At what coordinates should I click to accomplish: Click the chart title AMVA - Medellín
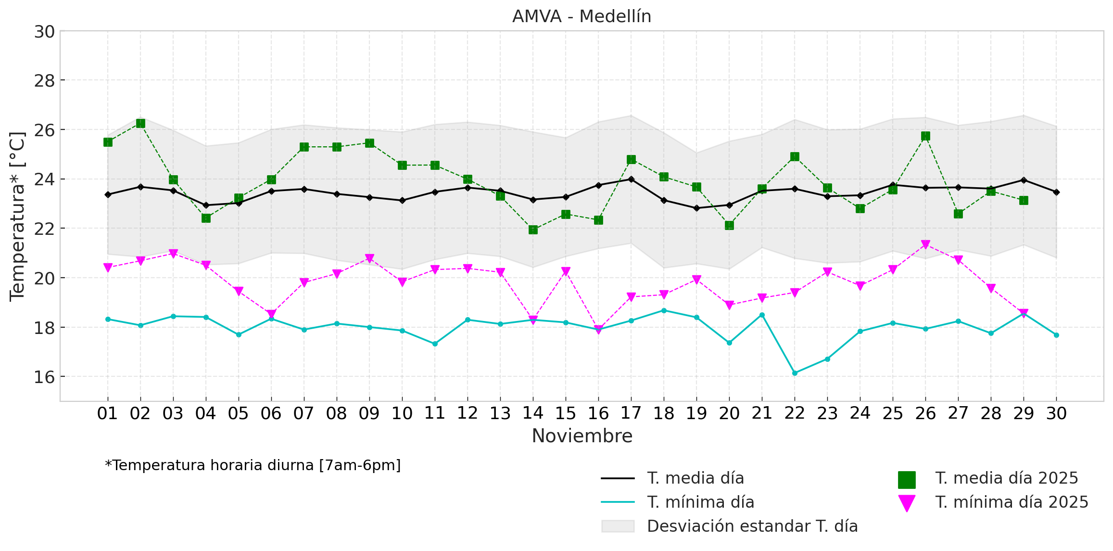(582, 16)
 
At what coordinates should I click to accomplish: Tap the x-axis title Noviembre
(582, 436)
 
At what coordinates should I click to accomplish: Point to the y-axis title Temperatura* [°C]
(17, 217)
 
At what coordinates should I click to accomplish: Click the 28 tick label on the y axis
(44, 81)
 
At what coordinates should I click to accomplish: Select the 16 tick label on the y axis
(44, 377)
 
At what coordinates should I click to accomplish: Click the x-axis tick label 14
(533, 413)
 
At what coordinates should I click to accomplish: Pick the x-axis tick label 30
(1056, 413)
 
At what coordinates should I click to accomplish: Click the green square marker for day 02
(140, 124)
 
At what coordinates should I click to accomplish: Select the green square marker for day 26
(925, 136)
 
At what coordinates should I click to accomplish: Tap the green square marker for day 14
(533, 230)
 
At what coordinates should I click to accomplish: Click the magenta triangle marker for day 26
(925, 244)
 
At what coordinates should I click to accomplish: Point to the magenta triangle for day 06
(271, 314)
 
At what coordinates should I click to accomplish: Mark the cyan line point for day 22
(795, 373)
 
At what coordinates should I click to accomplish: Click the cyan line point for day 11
(435, 344)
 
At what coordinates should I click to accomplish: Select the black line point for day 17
(631, 179)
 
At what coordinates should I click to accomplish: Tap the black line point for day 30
(1056, 192)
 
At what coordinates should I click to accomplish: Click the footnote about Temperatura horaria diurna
(253, 465)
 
